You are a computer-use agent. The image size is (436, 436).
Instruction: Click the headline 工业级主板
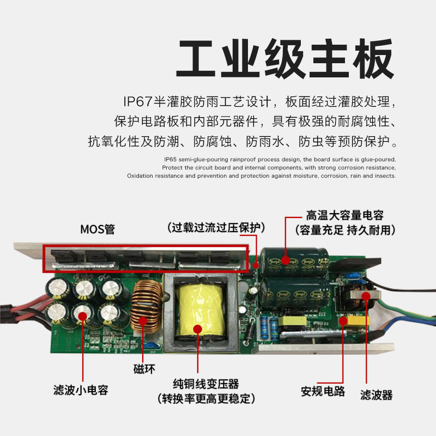(284, 59)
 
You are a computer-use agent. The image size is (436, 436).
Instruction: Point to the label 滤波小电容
(80, 390)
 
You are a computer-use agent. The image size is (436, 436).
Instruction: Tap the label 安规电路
(323, 391)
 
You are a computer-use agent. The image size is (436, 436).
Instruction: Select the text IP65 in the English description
(170, 159)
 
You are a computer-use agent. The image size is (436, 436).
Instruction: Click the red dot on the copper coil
(144, 321)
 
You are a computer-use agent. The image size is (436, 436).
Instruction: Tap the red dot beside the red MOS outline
(256, 265)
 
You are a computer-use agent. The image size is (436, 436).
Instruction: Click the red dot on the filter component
(366, 296)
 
